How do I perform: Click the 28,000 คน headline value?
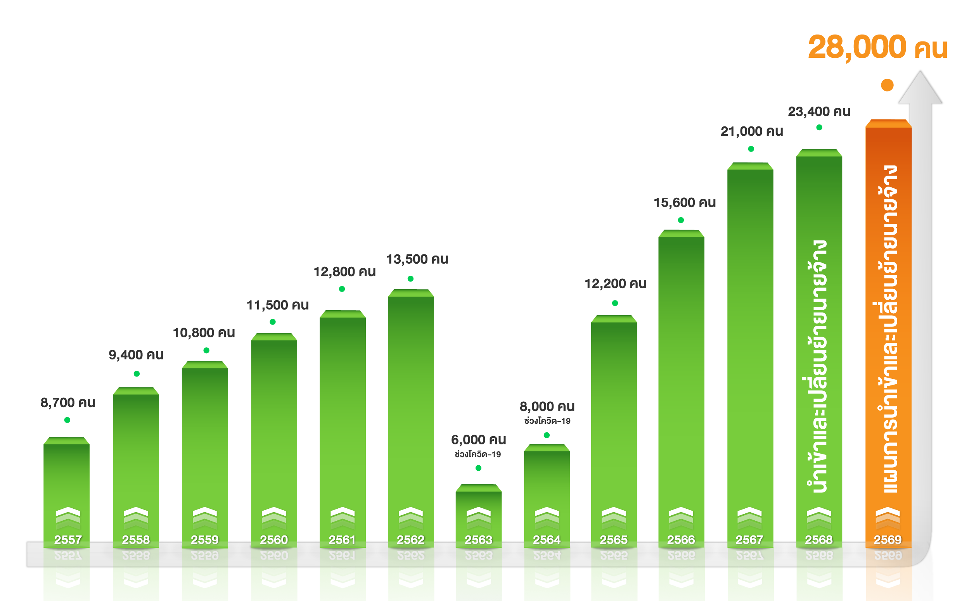(x=877, y=47)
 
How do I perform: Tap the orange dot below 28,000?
(x=887, y=85)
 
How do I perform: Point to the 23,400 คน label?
(x=819, y=112)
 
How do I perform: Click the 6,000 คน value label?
(x=478, y=440)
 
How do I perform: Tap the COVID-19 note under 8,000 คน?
(x=547, y=421)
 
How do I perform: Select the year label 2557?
(x=68, y=540)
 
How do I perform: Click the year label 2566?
(x=681, y=540)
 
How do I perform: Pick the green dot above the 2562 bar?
(x=411, y=279)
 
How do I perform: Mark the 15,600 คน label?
(x=685, y=203)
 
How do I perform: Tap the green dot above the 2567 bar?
(x=751, y=149)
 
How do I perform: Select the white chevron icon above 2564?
(x=547, y=517)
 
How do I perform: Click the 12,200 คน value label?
(x=615, y=284)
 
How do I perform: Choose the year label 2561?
(x=342, y=540)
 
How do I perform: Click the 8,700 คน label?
(x=68, y=403)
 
